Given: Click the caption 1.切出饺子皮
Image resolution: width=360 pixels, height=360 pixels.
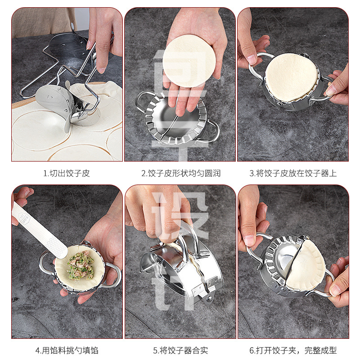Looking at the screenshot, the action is (67, 173).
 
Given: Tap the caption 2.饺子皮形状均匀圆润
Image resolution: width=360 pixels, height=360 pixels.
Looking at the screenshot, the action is (181, 173).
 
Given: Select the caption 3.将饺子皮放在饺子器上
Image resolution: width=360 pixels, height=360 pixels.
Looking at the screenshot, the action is (293, 173).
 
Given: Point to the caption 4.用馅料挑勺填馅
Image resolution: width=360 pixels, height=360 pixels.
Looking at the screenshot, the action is (67, 351).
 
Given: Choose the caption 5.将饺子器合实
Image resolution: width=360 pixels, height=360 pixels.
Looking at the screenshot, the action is (181, 351).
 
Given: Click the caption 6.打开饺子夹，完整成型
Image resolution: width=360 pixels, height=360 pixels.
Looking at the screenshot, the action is (293, 351).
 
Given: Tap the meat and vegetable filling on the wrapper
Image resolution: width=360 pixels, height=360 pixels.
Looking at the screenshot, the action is (81, 265).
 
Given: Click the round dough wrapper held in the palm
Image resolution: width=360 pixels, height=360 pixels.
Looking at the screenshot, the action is (189, 61).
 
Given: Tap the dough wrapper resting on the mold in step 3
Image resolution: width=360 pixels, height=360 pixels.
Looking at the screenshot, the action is (292, 77).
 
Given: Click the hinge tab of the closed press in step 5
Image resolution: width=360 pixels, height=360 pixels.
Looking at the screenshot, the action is (209, 298).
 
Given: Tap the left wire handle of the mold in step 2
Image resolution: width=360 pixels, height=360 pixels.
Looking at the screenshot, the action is (140, 101).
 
